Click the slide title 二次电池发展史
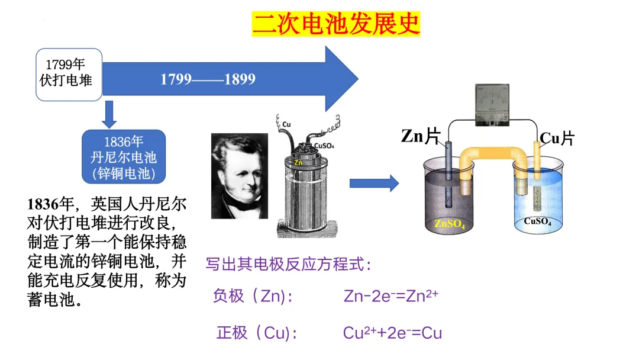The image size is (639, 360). pos(335,24)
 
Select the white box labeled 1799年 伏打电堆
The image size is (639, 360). pos(69,74)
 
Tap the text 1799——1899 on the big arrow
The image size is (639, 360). pos(208,79)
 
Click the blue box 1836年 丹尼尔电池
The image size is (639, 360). pos(123,157)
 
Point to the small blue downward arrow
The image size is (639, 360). pos(108,114)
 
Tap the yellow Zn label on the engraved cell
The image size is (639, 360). pos(298,162)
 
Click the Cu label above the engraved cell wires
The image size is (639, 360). pos(286,124)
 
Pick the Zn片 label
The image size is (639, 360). pos(421,137)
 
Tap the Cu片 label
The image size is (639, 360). pos(557,139)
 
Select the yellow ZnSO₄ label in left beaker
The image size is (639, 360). pos(450,224)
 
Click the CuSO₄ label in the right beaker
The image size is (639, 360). pos(537,222)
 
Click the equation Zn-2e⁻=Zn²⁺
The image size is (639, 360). pos(390,295)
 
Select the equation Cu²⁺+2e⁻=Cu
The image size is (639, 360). pos(392,333)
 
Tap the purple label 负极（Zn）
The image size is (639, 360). pos(252,296)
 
